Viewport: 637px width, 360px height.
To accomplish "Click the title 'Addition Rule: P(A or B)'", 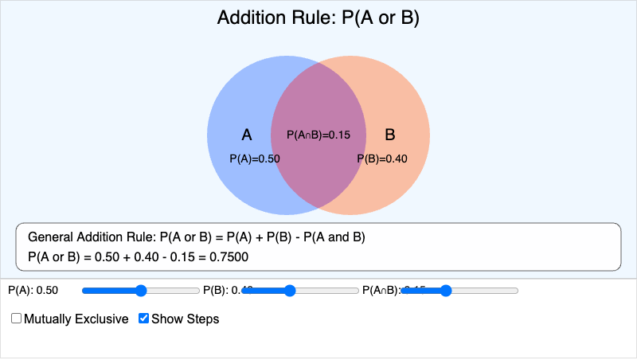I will coord(318,18).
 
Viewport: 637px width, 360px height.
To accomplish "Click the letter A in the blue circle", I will coord(247,135).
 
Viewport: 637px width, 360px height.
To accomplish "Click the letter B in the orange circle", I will coord(390,135).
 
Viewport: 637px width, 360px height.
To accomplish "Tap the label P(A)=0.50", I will coord(255,158).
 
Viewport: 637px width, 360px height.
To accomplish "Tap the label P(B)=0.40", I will coord(382,158).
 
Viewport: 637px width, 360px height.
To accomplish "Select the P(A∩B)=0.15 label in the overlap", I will coord(318,135).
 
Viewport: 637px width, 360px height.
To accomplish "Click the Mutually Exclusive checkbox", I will coord(17,319).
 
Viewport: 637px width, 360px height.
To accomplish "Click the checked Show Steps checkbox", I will coord(143,319).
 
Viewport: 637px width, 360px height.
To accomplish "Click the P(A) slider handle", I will coord(141,291).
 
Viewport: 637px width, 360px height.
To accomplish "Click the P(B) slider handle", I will coord(290,291).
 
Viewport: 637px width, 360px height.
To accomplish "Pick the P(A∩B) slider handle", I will coord(446,291).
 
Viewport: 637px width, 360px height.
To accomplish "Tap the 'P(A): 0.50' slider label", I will coord(33,291).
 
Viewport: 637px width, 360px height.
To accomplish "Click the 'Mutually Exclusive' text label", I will coord(76,319).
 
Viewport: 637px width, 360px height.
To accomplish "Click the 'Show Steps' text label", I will coord(185,319).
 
